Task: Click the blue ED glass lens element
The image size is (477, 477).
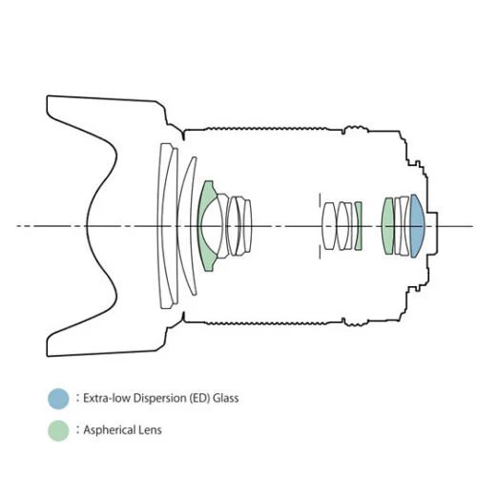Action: [x=417, y=226]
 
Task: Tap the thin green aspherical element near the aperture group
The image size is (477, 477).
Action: [x=359, y=226]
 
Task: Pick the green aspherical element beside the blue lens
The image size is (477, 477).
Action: [x=388, y=226]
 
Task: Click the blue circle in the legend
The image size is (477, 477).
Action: [x=58, y=399]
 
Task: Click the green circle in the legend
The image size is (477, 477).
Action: [x=58, y=430]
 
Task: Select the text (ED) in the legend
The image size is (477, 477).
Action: [x=199, y=399]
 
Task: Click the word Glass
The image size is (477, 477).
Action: [x=226, y=398]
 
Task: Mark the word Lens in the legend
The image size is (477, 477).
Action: [x=151, y=430]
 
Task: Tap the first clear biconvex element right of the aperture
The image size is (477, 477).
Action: [x=329, y=226]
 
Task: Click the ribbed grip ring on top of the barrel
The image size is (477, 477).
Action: [x=267, y=129]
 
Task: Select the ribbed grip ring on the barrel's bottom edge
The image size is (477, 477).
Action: [x=267, y=323]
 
